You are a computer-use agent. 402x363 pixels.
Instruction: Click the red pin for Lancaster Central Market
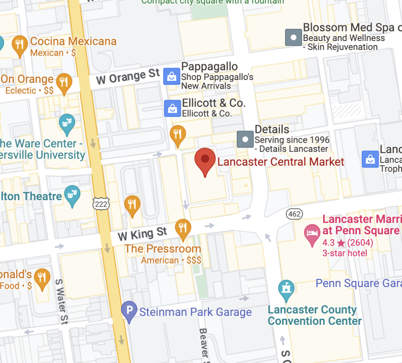tap(205, 160)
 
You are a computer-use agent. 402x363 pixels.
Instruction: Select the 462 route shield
tap(295, 214)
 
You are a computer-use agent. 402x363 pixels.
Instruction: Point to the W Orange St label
tap(128, 77)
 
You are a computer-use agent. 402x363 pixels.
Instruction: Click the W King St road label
tap(142, 234)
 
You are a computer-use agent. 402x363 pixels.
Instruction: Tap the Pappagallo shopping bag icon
tap(172, 76)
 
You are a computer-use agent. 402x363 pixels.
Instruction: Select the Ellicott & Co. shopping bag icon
tap(173, 108)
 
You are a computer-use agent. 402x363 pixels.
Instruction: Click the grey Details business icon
tap(245, 139)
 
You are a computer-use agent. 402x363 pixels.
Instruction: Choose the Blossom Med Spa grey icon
tap(294, 37)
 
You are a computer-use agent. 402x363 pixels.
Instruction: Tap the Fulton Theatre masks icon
tap(72, 194)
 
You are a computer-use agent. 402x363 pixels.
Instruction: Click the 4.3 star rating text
tap(347, 243)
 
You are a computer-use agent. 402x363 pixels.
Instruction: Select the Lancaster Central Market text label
tap(281, 162)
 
